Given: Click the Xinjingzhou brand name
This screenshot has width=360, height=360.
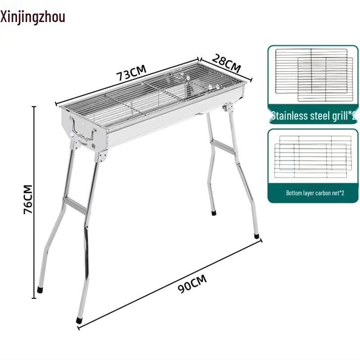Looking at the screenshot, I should pyautogui.click(x=33, y=17).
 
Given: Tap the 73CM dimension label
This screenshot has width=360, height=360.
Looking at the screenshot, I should pyautogui.click(x=132, y=73).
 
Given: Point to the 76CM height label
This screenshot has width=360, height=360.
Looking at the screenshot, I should pyautogui.click(x=28, y=198).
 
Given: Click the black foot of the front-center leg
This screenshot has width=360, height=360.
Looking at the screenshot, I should pyautogui.click(x=80, y=320).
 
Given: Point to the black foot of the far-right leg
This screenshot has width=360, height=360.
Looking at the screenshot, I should pyautogui.click(x=256, y=235).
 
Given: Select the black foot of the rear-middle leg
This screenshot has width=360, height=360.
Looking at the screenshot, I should pyautogui.click(x=214, y=212).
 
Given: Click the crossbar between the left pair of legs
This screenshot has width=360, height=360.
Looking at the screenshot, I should pyautogui.click(x=75, y=205).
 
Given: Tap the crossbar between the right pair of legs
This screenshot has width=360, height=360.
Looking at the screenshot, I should pyautogui.click(x=224, y=147).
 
